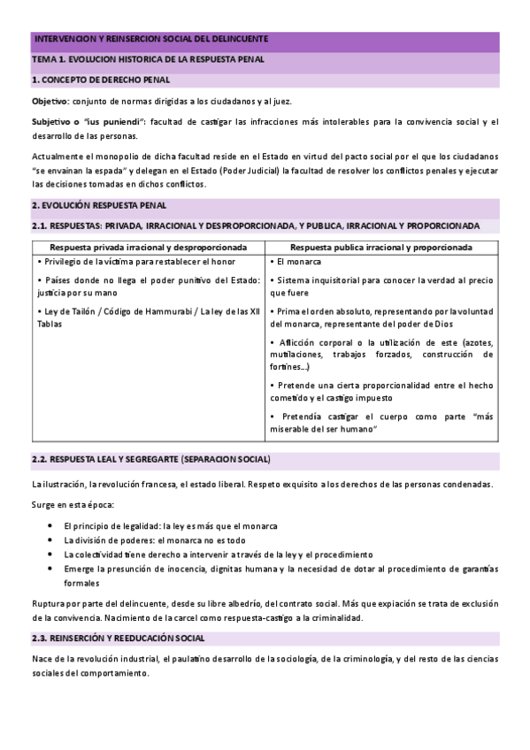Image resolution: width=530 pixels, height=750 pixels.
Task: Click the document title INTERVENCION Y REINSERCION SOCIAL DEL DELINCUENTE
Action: [x=150, y=40]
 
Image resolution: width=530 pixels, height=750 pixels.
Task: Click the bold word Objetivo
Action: [x=50, y=101]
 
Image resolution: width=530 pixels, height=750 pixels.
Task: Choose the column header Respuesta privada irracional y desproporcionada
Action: [x=149, y=248]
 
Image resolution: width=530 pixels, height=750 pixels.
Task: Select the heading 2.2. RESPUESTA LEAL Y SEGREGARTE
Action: [x=151, y=461]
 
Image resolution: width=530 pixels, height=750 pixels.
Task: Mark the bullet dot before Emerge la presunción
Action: [x=52, y=569]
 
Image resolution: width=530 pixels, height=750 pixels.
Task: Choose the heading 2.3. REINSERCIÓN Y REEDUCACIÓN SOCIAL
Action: [x=119, y=638]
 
